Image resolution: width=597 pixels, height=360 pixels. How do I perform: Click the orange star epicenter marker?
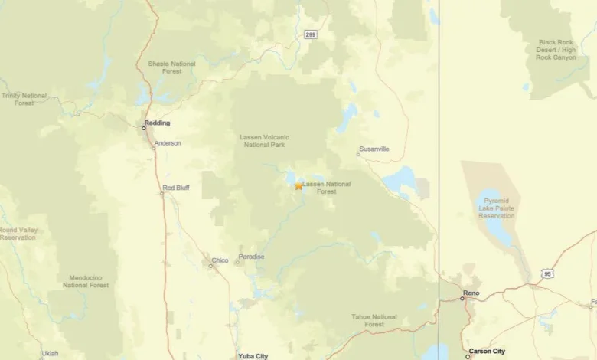pos(298,185)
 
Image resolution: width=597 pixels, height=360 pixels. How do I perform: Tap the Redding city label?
pos(158,123)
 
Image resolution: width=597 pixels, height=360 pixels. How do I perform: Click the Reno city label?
pos(471,293)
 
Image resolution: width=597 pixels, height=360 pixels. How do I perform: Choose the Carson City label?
pos(487,351)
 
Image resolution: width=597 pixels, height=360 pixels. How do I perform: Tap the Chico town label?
pos(220,260)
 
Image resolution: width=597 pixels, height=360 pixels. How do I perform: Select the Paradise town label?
pos(251,257)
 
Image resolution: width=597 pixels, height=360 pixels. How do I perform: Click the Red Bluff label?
pos(176,188)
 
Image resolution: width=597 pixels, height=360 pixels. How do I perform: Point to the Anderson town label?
pos(168,143)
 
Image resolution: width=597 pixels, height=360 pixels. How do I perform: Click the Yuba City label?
pos(253,356)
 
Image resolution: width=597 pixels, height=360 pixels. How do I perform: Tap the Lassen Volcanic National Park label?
pos(265,141)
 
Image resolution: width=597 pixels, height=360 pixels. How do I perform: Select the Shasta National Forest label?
pos(171,67)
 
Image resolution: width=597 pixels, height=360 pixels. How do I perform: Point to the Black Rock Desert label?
pos(556,50)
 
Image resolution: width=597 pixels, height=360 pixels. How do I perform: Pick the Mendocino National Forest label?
pos(86,281)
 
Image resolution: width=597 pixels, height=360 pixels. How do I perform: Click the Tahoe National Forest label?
pos(374,320)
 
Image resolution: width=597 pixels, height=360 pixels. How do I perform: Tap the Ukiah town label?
pos(50,353)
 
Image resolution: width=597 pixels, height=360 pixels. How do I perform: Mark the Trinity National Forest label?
pos(24,99)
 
